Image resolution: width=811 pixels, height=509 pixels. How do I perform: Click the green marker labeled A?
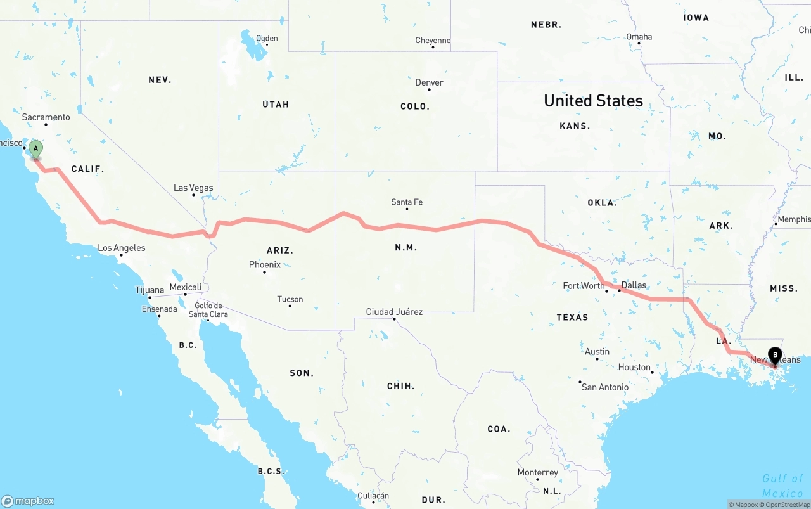point(36,150)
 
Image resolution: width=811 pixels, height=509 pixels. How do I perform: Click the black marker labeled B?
point(775,356)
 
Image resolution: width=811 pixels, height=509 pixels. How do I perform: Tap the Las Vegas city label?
point(193,188)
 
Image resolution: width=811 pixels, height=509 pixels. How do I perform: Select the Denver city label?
point(429,82)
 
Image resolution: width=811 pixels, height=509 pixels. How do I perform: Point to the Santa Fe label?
point(407,202)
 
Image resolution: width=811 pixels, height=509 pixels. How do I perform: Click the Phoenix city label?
point(265,265)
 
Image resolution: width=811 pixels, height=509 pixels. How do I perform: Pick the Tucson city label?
point(290,299)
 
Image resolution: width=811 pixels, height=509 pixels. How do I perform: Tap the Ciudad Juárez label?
point(394,312)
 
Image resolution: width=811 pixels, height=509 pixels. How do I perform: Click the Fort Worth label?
point(584,286)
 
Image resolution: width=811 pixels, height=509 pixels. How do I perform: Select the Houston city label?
point(634,367)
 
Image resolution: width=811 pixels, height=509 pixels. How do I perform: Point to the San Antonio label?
point(605,387)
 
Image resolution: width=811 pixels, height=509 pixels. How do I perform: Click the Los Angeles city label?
point(122,248)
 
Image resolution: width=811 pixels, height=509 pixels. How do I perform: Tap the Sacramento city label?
point(46,117)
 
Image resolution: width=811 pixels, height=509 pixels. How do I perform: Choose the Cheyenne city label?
point(433,41)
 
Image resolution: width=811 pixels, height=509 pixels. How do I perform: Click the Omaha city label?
point(639,37)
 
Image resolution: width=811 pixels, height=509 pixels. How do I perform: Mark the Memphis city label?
point(794,219)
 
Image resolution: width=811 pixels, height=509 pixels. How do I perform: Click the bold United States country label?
point(593,101)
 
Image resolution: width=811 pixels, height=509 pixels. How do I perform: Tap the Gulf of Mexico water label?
point(782,486)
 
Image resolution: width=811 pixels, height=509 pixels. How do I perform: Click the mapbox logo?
point(28,501)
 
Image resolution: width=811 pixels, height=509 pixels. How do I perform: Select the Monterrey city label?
point(538,472)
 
